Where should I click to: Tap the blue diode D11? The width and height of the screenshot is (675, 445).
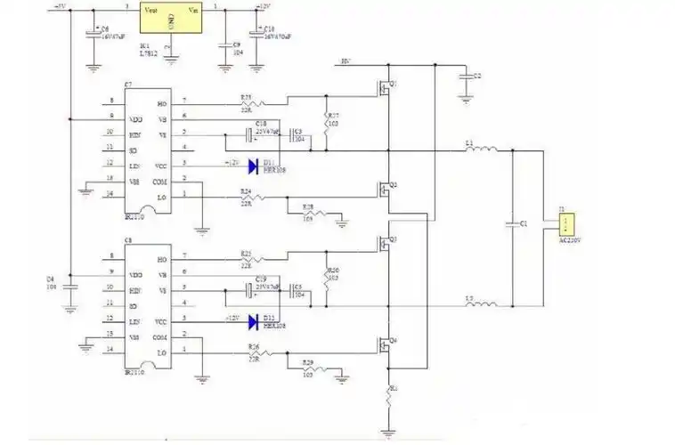coord(253,165)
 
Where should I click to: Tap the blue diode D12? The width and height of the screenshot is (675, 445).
coord(253,320)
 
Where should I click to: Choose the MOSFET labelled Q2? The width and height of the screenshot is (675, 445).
coord(384,190)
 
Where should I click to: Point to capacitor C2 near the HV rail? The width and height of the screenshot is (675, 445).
coord(465,78)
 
